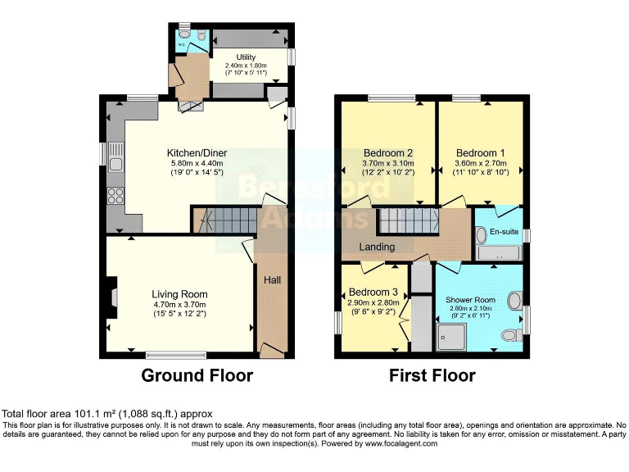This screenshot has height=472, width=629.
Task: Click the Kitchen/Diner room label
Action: (x=197, y=153)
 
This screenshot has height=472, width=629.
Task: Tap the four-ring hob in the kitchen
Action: (x=115, y=197)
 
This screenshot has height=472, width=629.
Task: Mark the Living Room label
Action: (x=179, y=294)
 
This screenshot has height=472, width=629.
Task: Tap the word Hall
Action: (x=272, y=280)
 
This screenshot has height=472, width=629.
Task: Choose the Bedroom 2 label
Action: (x=387, y=153)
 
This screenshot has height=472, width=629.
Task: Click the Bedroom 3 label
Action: (x=373, y=293)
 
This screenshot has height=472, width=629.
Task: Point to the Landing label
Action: (x=377, y=247)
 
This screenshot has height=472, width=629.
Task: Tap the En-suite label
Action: (x=504, y=233)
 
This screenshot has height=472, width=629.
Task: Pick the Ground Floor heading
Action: (x=197, y=376)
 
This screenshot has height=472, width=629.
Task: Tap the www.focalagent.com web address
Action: (x=398, y=443)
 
